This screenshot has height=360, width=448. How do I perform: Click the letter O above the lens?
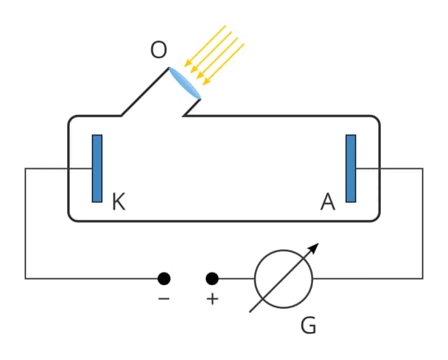click(159, 50)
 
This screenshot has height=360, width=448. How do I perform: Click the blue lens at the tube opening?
click(184, 83)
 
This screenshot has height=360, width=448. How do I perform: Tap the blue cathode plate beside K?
click(97, 168)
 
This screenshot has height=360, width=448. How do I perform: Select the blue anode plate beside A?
click(351, 168)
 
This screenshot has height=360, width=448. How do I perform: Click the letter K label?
click(118, 202)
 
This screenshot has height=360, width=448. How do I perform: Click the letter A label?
click(328, 202)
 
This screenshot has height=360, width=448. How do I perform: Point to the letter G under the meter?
click(308, 325)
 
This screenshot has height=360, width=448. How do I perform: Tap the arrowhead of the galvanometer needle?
click(314, 247)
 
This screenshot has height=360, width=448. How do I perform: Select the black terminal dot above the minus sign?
click(164, 279)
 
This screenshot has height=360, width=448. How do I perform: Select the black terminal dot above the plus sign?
click(212, 279)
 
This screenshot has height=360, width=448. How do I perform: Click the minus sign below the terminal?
click(164, 299)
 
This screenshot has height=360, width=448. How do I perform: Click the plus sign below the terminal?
click(212, 299)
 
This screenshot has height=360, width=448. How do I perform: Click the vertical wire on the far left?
click(26, 224)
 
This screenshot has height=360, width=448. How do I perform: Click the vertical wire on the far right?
click(423, 224)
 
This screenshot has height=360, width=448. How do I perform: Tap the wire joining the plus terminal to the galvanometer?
click(235, 279)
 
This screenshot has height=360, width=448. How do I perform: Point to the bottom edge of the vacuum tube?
click(224, 221)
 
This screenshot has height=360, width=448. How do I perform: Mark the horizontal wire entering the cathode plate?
click(59, 168)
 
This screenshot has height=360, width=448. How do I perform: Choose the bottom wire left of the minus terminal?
click(91, 279)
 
